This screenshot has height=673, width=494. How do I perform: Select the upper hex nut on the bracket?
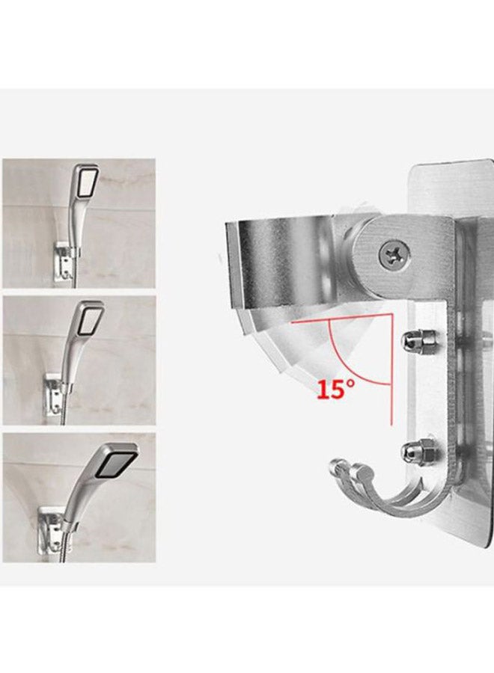pos(412,341)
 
